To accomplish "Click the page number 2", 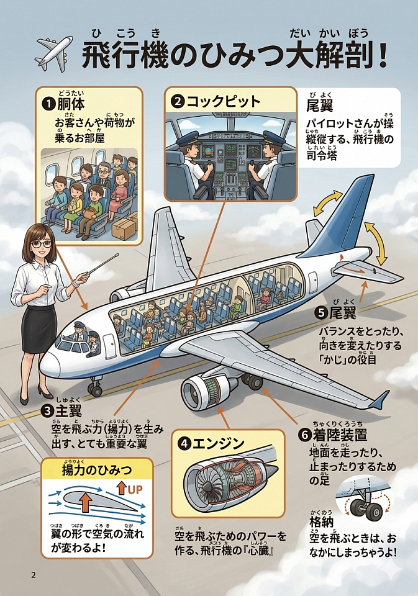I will tap(34, 574).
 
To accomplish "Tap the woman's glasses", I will tap(42, 244).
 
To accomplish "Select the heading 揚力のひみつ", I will tap(97, 470).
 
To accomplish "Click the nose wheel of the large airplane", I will tap(95, 390).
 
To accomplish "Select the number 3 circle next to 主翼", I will tap(48, 410).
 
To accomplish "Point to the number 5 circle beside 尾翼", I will tap(320, 312).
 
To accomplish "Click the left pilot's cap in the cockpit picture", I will tap(186, 140).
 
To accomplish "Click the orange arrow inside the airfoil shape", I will tap(85, 501).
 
